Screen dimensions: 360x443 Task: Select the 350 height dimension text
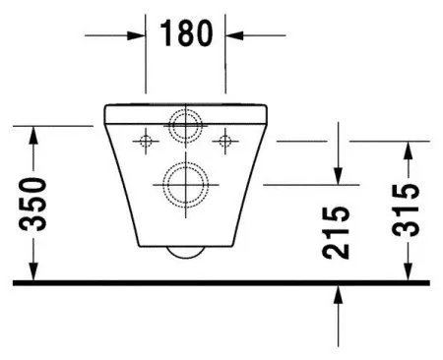click(x=35, y=205)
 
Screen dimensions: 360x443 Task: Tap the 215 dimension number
click(x=337, y=231)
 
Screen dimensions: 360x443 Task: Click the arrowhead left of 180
click(x=139, y=34)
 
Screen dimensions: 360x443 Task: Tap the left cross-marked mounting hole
click(x=145, y=141)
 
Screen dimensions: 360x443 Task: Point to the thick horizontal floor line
click(x=221, y=282)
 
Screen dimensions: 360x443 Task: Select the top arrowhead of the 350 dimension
click(x=35, y=133)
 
